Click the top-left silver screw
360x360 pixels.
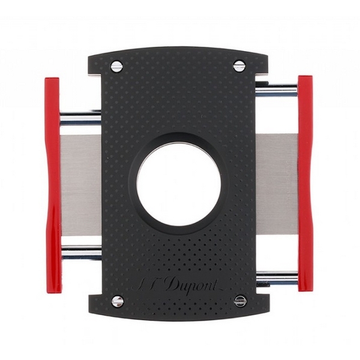pos(116,67)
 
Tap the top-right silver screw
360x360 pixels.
pos(239,65)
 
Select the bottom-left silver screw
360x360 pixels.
pos(118,301)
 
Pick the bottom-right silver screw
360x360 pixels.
pos(241,300)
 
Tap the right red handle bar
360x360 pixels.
pos(305,183)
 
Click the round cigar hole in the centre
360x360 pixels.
pos(179,185)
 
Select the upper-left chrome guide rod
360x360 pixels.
pos(80,118)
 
